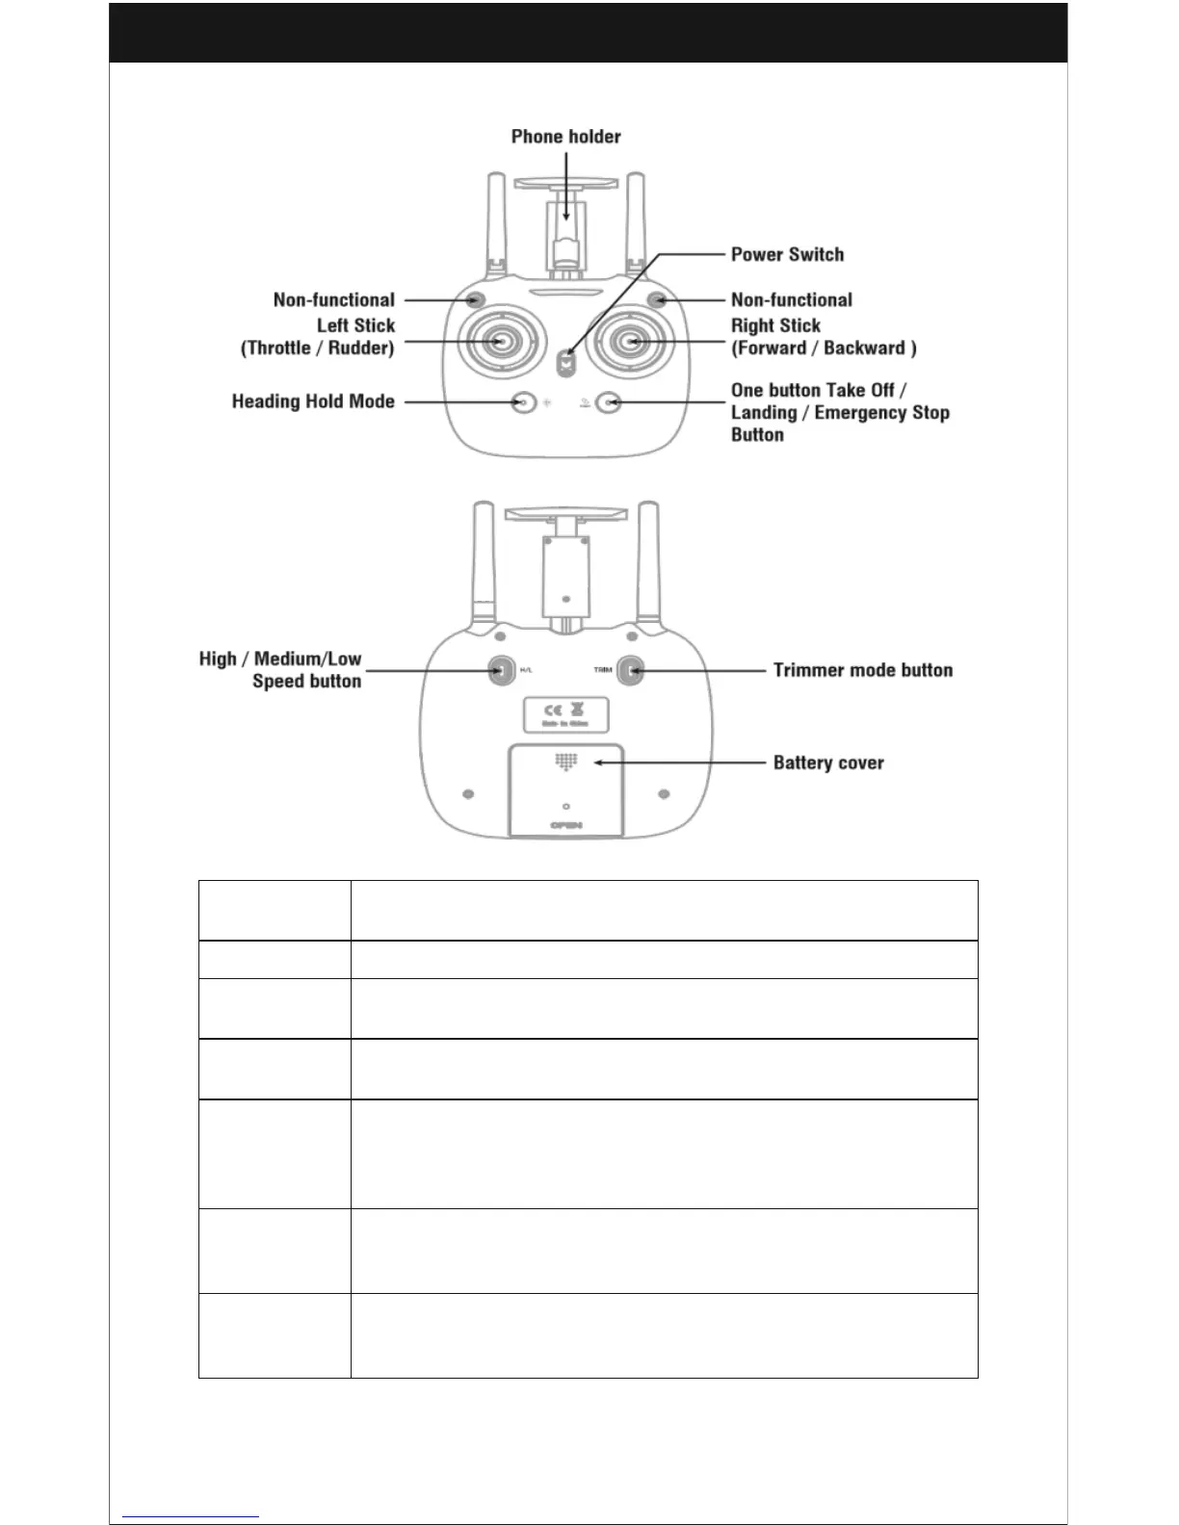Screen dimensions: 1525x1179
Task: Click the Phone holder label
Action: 565,137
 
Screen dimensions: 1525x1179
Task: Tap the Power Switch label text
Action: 787,254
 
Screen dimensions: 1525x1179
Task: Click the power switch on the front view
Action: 568,363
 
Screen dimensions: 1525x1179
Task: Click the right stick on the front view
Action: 632,341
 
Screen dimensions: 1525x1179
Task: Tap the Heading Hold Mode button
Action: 523,401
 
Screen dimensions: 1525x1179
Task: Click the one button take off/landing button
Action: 609,402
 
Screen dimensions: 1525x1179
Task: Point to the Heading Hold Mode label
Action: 313,401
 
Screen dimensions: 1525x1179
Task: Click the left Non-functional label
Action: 333,299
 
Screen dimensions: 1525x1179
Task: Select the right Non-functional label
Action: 791,299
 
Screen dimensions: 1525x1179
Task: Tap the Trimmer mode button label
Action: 862,670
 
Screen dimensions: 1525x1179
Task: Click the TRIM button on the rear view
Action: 630,670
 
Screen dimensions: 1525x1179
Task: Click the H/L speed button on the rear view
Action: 501,670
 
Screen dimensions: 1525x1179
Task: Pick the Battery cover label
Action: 828,762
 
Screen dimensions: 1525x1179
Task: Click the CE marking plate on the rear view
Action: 566,714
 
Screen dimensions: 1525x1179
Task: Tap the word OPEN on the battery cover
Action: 566,825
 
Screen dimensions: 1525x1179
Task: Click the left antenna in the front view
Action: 497,221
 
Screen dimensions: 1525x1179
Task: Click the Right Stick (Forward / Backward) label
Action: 823,337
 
